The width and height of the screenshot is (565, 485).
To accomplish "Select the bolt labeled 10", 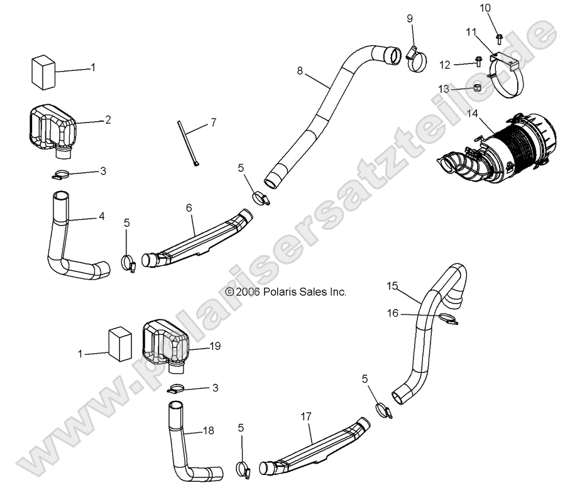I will click(x=498, y=37).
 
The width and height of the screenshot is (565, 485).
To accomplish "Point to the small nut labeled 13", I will click(x=477, y=88).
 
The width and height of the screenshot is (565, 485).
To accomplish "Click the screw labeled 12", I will click(x=478, y=62).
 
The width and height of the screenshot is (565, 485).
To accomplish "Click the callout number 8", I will click(x=300, y=72).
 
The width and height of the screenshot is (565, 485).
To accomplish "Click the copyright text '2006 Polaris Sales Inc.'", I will click(x=285, y=292).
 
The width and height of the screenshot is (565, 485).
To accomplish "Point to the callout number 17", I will click(x=306, y=417).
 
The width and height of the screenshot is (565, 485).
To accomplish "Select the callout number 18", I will click(x=209, y=430).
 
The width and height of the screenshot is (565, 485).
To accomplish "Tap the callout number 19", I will click(x=215, y=346).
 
